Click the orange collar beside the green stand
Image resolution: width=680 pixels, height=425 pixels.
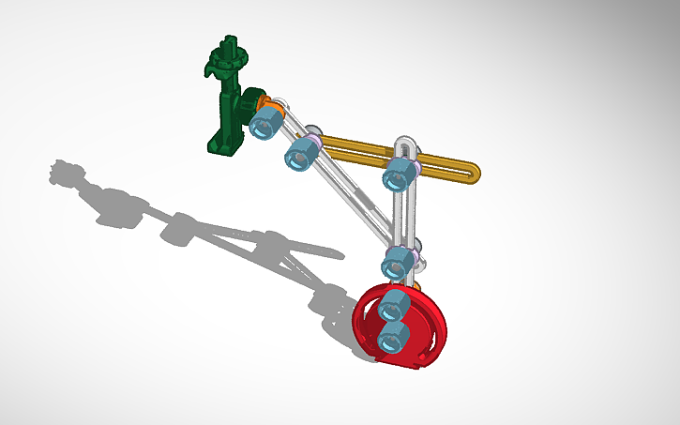[x=264, y=102]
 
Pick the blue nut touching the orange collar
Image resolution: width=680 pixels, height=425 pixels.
[x=266, y=122]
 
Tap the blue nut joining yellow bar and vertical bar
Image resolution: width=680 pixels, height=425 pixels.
[x=400, y=173]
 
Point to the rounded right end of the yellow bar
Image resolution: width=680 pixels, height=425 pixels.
[x=472, y=172]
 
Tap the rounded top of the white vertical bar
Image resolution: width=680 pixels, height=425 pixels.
[x=405, y=143]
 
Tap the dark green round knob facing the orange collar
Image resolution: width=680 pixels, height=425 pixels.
[x=249, y=101]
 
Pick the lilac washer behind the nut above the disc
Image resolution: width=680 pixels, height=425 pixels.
[x=412, y=251]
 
